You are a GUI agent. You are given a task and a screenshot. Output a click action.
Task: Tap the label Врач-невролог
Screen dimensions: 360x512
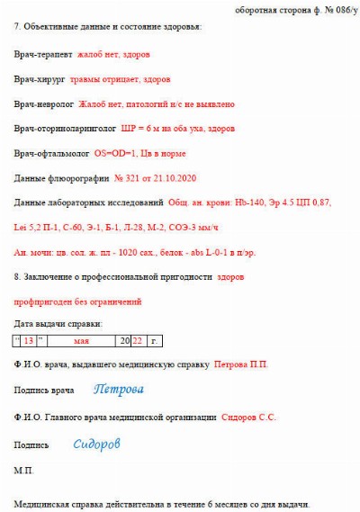coord(42,104)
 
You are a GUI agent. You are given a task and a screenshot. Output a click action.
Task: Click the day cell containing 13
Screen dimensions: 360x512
coord(29,341)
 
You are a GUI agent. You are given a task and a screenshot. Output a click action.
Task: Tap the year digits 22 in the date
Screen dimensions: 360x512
coord(138,341)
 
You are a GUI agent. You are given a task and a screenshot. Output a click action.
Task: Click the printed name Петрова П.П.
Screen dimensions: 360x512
coord(240,364)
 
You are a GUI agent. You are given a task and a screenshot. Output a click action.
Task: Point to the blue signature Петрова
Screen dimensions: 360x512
coord(118,390)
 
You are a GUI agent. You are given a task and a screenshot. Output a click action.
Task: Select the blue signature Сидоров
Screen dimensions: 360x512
coord(96,444)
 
